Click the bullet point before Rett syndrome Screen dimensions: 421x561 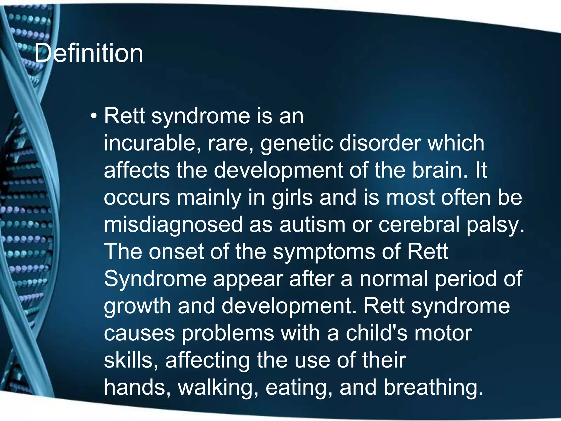coord(94,116)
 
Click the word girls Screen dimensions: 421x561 coord(292,198)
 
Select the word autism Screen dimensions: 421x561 coord(312,224)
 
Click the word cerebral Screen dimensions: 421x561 coord(419,224)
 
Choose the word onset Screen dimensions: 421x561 coord(176,251)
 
